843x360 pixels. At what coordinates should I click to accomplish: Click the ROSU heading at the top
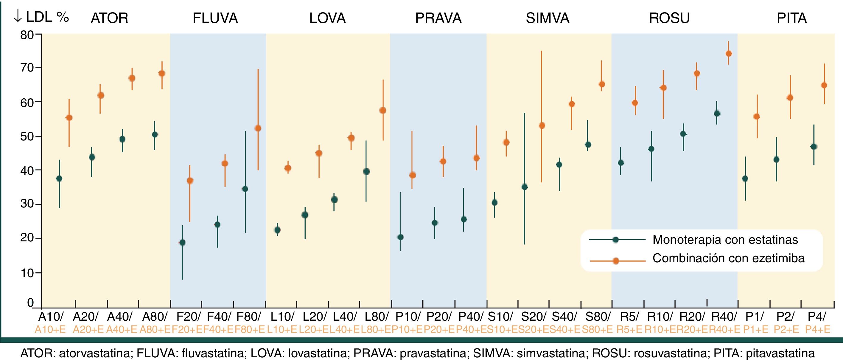tap(669, 18)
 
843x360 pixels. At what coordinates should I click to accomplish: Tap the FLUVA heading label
tap(215, 18)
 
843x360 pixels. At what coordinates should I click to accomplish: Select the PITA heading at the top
tap(792, 18)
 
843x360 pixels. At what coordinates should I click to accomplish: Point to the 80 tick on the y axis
tap(27, 35)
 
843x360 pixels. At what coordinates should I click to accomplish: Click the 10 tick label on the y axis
tap(27, 273)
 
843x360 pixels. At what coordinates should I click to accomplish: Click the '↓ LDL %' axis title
tap(41, 17)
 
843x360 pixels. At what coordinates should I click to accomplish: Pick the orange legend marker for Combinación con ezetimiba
tap(615, 261)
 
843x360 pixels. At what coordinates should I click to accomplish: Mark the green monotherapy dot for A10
tap(59, 179)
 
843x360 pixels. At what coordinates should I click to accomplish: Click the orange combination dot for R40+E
tap(729, 54)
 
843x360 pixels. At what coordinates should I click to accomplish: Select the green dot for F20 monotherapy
tap(182, 243)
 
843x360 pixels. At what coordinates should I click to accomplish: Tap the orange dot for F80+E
tap(258, 128)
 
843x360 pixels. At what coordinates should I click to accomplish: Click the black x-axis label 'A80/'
tap(155, 317)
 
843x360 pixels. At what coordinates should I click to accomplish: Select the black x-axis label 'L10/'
tap(282, 317)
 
